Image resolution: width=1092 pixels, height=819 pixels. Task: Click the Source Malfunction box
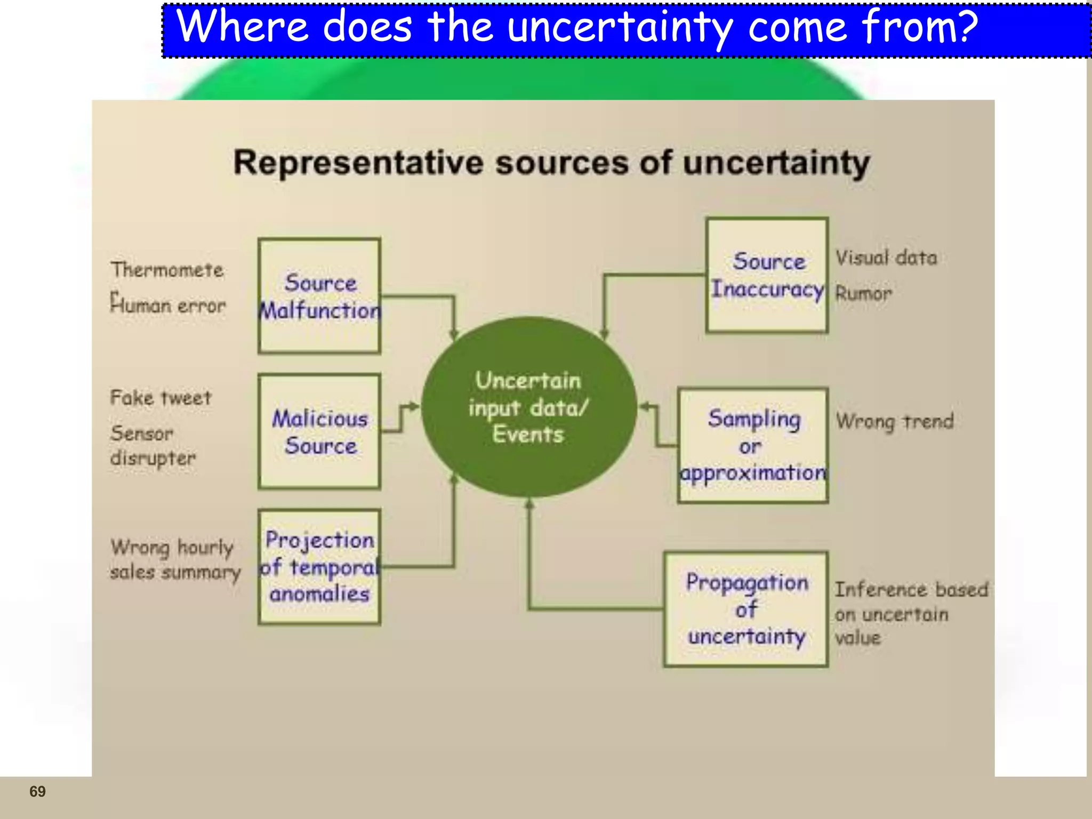(x=319, y=296)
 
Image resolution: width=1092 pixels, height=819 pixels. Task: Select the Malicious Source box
(x=319, y=432)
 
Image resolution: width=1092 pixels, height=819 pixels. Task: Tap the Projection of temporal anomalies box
(x=319, y=567)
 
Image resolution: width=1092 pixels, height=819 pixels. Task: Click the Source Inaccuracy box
(x=767, y=275)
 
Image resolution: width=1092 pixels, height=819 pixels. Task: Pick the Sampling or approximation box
(x=753, y=446)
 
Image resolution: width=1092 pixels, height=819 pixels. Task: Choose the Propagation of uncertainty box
(x=746, y=609)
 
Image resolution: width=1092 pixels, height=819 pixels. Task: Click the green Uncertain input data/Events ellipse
(x=528, y=407)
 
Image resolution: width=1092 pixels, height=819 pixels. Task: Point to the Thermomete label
(x=167, y=270)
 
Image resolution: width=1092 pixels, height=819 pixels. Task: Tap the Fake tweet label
(x=160, y=398)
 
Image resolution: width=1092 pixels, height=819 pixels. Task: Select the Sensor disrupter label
(x=152, y=446)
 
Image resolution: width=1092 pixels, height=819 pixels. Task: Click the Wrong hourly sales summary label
(x=175, y=560)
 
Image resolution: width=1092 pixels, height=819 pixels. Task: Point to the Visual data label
(x=886, y=258)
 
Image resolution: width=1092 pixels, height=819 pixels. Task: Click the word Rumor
(x=863, y=293)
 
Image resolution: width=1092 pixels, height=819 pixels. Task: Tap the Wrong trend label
(x=894, y=422)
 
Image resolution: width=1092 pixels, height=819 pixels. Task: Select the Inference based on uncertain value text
(x=911, y=613)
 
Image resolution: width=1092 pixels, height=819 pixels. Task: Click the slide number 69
(x=37, y=791)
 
